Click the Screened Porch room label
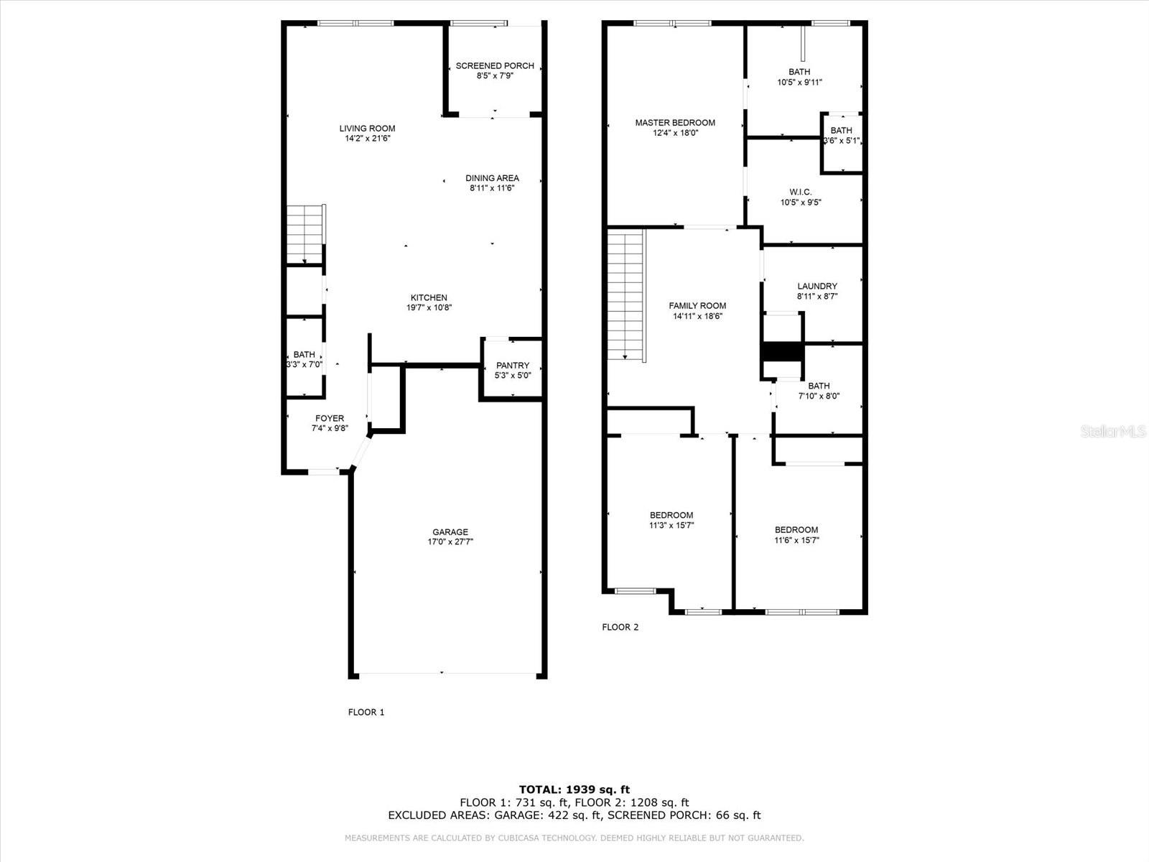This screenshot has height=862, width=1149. pos(495,65)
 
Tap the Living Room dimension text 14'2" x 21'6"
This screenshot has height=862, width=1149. pos(367,139)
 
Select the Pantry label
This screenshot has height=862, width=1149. pos(512,365)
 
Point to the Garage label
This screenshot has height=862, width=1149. pos(450,532)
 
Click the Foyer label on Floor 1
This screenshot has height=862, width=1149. pos(330,418)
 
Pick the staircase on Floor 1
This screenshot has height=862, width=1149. pos(306,234)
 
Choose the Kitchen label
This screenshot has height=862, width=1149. pos(429,297)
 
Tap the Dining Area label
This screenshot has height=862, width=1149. pos(492,178)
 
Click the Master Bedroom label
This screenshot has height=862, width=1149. pos(675,123)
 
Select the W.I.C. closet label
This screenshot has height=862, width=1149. pos(800,192)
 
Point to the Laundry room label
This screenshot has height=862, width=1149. pos(817,286)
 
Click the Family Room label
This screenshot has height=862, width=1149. pos(697,305)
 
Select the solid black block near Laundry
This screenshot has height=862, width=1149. pos(781,352)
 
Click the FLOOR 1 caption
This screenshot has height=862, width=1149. pos(366,712)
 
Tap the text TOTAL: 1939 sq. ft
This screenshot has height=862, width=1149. pos(574,789)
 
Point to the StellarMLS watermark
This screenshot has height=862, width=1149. pos(1114,431)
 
